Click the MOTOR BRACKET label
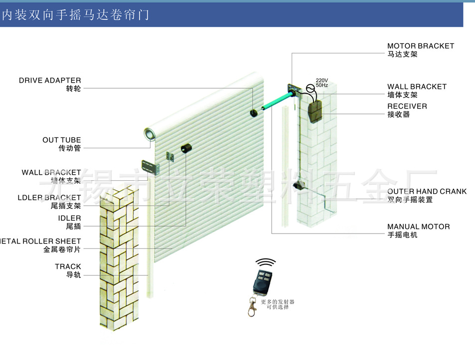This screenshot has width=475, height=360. [421, 46]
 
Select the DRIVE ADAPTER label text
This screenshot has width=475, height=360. [50, 80]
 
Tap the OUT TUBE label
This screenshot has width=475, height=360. [61, 140]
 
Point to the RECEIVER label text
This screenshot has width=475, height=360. [407, 106]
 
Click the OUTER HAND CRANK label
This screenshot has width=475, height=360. [427, 191]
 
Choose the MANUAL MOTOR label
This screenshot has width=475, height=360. [418, 227]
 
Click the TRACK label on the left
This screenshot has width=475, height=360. [68, 267]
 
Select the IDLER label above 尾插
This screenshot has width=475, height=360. [69, 218]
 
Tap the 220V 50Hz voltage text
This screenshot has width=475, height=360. [322, 83]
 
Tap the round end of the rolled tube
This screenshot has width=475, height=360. [150, 133]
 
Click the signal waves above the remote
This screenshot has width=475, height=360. [266, 263]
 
